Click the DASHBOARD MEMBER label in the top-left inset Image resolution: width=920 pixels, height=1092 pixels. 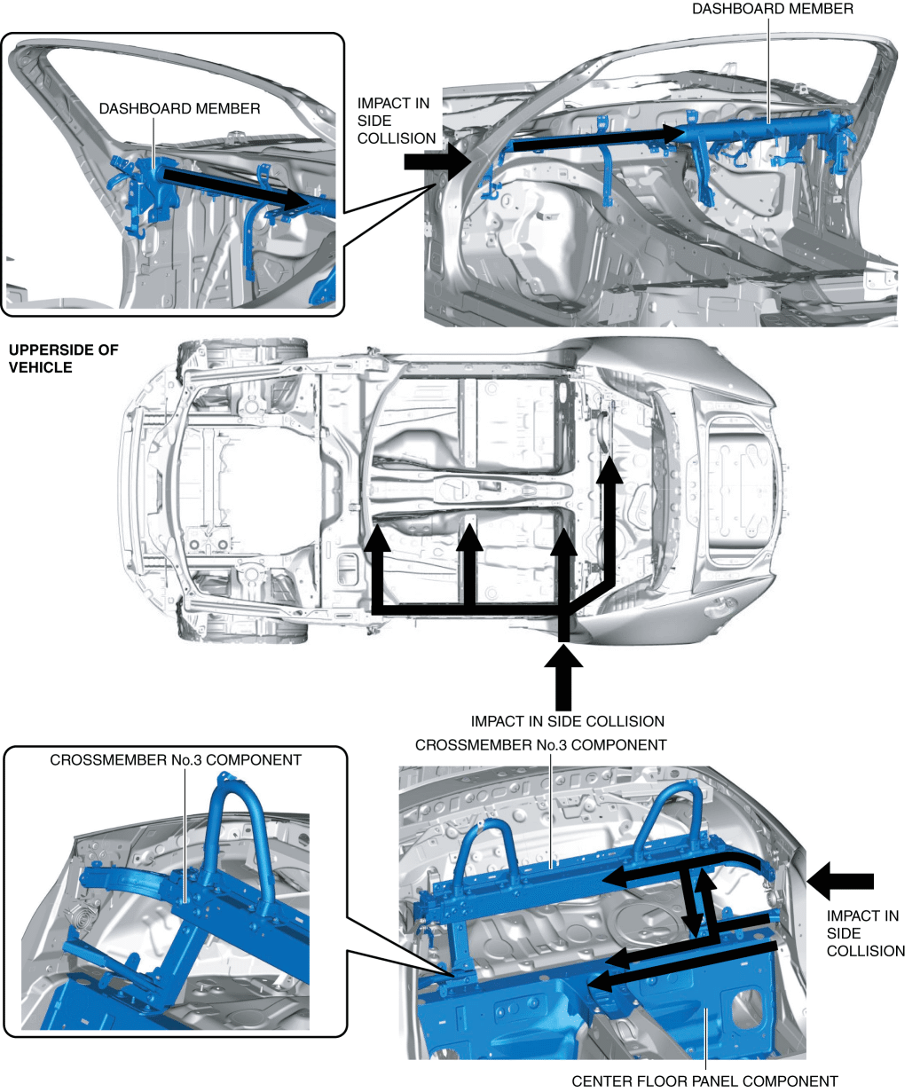[x=179, y=108]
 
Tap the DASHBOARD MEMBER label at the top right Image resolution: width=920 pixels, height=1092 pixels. [x=772, y=9]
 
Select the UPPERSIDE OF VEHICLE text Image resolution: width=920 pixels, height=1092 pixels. [x=63, y=358]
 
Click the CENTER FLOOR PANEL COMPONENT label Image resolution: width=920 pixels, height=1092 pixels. [x=704, y=1080]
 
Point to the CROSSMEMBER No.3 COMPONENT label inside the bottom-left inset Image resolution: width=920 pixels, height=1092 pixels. [x=176, y=760]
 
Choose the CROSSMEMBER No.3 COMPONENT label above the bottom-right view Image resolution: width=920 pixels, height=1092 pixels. [x=540, y=744]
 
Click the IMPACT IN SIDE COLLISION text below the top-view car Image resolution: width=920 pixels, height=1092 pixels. [x=567, y=721]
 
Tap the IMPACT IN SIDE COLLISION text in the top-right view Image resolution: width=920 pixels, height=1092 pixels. [x=396, y=121]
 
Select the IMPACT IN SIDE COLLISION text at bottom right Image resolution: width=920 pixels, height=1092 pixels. [x=865, y=933]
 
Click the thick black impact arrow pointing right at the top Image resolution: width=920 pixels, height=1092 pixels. [x=438, y=161]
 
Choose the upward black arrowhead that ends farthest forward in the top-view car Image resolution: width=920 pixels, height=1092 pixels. [x=609, y=467]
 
